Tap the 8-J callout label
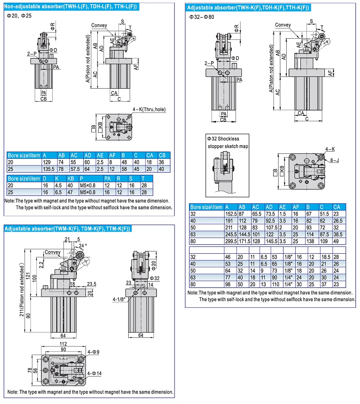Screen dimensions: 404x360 point(334,159)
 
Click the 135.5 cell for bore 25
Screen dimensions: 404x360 point(49,169)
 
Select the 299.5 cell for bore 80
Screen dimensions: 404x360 point(231,241)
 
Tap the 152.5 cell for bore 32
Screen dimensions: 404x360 point(231,214)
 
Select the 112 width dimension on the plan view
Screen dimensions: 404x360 point(63,344)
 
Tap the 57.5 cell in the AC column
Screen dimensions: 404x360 point(75,169)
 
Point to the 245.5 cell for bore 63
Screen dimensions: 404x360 point(231,234)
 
